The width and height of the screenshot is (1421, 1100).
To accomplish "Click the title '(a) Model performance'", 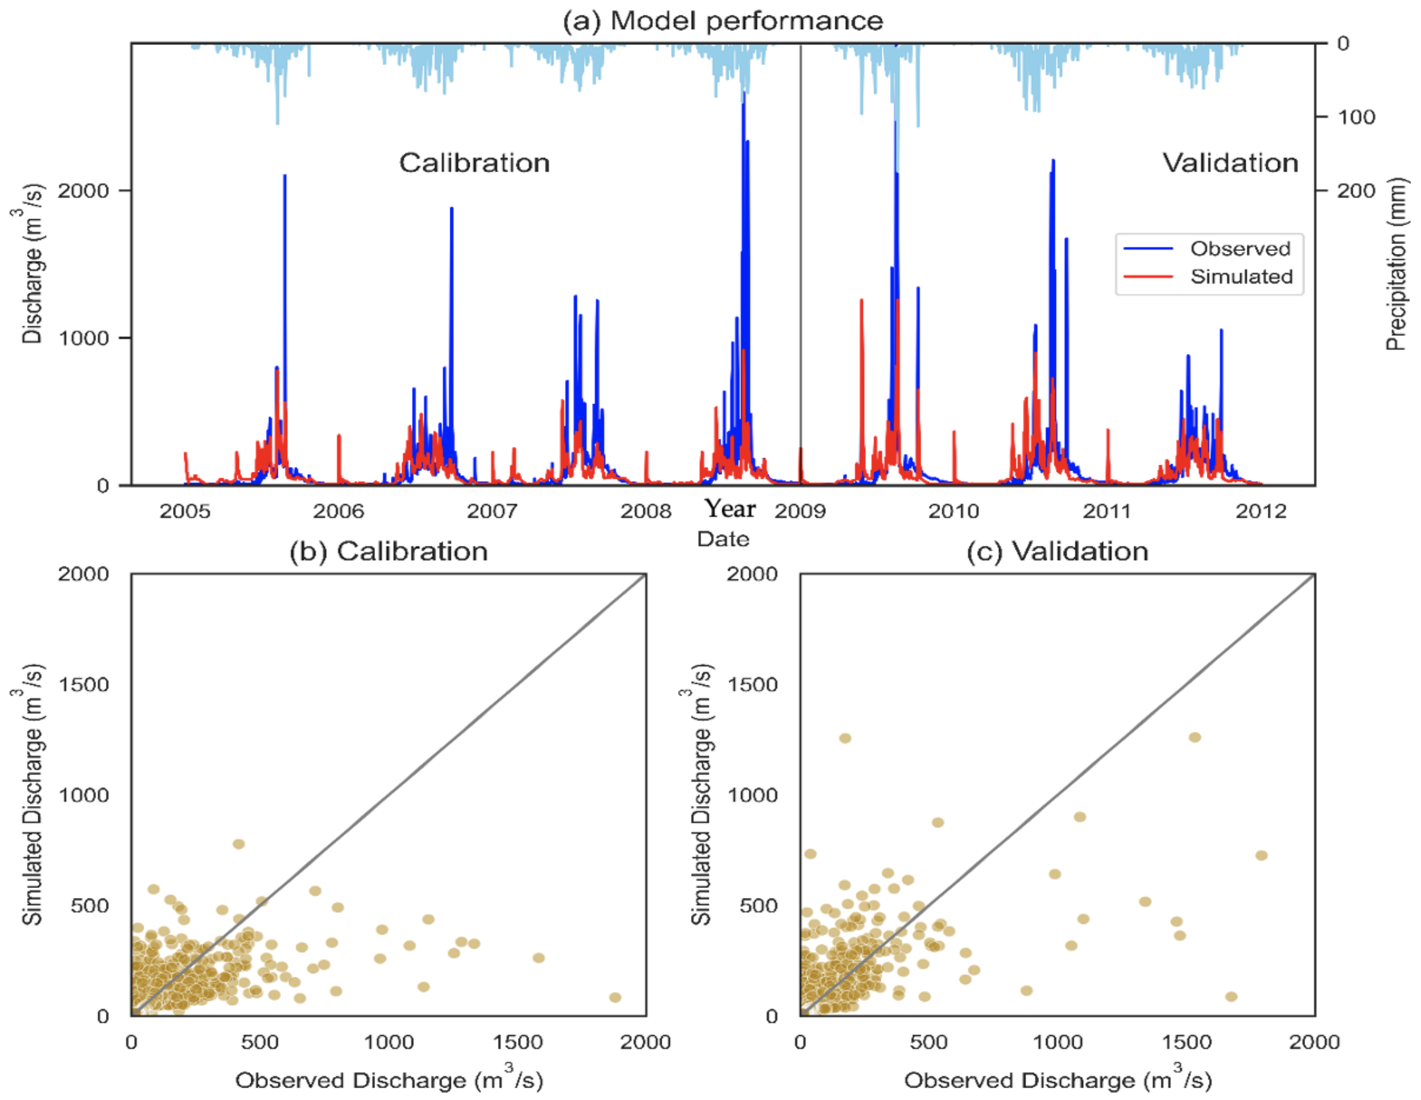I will click(722, 21).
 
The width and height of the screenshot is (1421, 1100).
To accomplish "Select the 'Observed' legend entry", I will click(1240, 249).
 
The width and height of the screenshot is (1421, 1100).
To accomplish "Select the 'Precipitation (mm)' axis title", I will click(1396, 264).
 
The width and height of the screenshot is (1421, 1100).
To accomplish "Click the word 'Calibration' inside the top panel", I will click(474, 163).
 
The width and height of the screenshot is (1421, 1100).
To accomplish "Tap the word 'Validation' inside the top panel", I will click(1230, 163).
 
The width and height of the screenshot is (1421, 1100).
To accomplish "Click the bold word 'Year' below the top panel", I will click(730, 508).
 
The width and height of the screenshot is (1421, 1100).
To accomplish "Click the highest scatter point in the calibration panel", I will click(239, 844).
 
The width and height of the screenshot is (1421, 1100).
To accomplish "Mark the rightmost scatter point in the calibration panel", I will click(615, 998).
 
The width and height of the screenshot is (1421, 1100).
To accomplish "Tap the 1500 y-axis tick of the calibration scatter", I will click(84, 685).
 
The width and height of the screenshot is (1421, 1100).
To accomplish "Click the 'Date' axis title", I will click(723, 539).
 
